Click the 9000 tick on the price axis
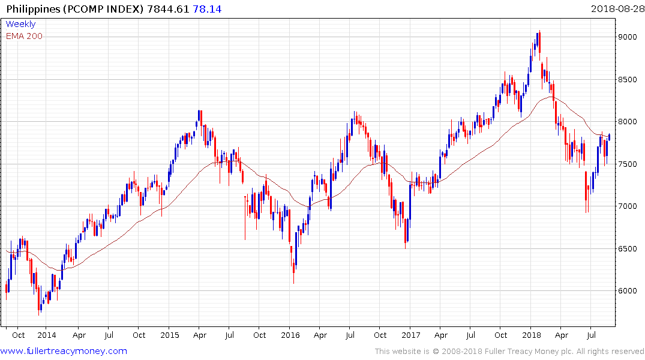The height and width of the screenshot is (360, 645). point(628,37)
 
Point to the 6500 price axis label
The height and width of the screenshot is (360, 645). point(628,248)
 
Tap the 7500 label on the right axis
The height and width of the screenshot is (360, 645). point(628,164)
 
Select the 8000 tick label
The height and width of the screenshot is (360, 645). point(628,122)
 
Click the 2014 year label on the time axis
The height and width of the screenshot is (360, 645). point(46,335)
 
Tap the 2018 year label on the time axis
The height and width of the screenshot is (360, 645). point(531,335)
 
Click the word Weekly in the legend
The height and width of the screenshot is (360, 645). point(20,25)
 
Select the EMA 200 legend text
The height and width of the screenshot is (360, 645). point(24,36)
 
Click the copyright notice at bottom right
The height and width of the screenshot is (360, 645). point(509,352)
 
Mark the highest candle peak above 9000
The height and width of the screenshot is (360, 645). point(539,32)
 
